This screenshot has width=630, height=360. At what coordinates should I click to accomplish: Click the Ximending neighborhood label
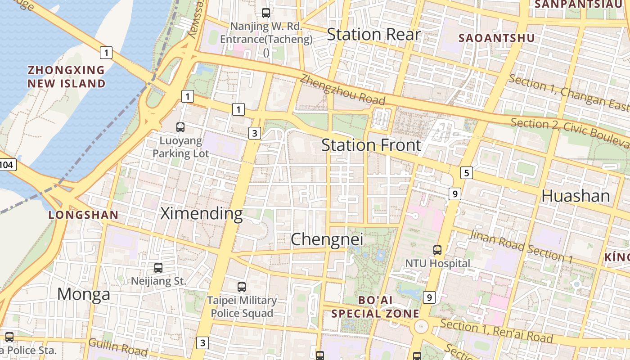click(x=202, y=213)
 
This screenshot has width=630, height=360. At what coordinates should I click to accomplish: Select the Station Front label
click(x=371, y=145)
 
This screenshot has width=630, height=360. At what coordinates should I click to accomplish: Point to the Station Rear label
click(x=373, y=35)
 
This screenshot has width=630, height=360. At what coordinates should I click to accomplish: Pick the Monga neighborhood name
click(x=84, y=294)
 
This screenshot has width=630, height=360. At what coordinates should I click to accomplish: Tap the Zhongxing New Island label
click(x=67, y=77)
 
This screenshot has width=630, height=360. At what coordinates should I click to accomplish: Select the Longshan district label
click(x=83, y=215)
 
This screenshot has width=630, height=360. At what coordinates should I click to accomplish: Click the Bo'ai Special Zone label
click(x=375, y=307)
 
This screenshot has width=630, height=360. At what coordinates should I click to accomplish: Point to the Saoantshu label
click(x=496, y=38)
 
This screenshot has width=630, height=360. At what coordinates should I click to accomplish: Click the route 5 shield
click(x=467, y=172)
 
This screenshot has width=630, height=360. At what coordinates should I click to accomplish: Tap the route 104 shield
click(x=7, y=165)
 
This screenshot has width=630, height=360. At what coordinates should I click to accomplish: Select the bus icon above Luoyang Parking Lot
click(x=180, y=127)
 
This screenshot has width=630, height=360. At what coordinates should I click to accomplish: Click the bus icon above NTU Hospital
click(x=437, y=250)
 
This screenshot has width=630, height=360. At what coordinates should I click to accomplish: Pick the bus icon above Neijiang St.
click(x=158, y=268)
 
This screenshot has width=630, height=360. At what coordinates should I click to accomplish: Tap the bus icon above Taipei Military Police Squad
click(x=242, y=287)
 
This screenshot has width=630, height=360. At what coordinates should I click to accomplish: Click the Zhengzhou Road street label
click(x=342, y=90)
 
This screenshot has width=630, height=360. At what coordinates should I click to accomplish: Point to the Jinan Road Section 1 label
click(x=521, y=247)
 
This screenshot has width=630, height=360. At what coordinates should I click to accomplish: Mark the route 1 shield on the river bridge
click(x=106, y=53)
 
